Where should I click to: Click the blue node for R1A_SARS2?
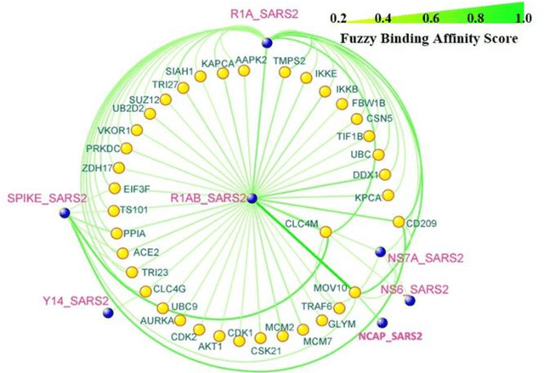pyautogui.click(x=266, y=42)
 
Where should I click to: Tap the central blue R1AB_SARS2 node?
pyautogui.click(x=251, y=198)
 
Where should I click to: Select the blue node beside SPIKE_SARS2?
pyautogui.click(x=65, y=213)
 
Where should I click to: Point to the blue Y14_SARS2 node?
pyautogui.click(x=108, y=314)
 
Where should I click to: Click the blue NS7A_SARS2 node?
pyautogui.click(x=380, y=251)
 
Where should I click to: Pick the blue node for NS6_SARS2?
pyautogui.click(x=410, y=300)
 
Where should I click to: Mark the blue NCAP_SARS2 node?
pyautogui.click(x=382, y=322)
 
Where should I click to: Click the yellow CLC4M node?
pyautogui.click(x=325, y=232)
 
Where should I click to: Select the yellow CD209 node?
pyautogui.click(x=398, y=222)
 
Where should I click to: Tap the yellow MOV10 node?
pyautogui.click(x=355, y=292)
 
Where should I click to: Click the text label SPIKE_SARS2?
pyautogui.click(x=46, y=199)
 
